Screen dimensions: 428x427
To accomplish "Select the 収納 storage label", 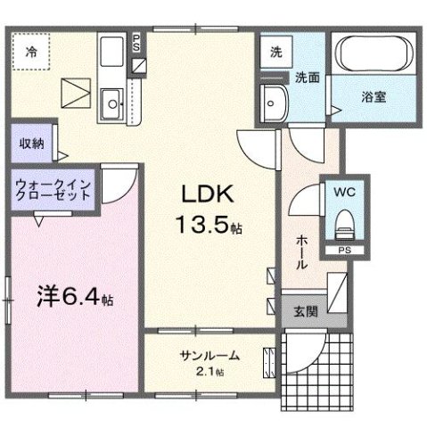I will pos(29,144).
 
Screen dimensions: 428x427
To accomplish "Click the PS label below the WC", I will pos(342,251).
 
